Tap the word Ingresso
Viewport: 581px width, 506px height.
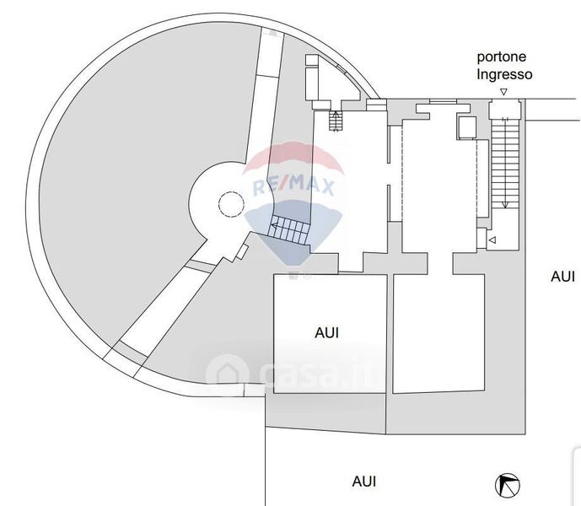[504, 74]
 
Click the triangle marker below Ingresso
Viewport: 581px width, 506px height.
[503, 91]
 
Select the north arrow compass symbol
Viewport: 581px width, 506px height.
[508, 485]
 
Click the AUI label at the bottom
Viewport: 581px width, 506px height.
[364, 482]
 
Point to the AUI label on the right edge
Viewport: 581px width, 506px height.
[562, 276]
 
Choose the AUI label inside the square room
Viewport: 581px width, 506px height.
[327, 333]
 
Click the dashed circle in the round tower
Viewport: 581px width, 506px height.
[229, 203]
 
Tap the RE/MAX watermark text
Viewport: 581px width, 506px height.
[294, 186]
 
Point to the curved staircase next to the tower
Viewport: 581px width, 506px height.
[289, 229]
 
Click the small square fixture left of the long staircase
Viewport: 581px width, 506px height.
[466, 127]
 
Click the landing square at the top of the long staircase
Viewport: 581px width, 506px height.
[503, 110]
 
